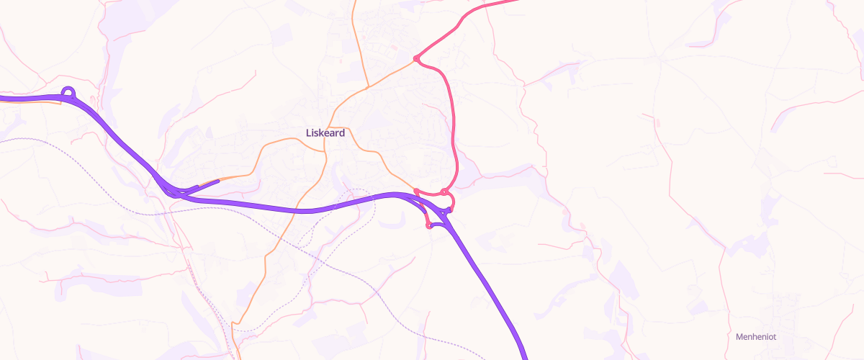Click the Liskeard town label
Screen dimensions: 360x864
point(325,133)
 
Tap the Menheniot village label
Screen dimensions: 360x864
point(755,336)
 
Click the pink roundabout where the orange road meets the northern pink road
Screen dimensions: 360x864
point(416,58)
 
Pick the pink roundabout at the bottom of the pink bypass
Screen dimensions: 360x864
point(446,192)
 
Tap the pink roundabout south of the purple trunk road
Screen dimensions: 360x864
point(429,225)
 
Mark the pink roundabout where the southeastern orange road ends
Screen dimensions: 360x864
point(416,191)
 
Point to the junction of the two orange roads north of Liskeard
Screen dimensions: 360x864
point(368,87)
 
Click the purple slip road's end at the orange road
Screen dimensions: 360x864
point(217,181)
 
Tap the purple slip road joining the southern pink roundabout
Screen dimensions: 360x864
point(439,224)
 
